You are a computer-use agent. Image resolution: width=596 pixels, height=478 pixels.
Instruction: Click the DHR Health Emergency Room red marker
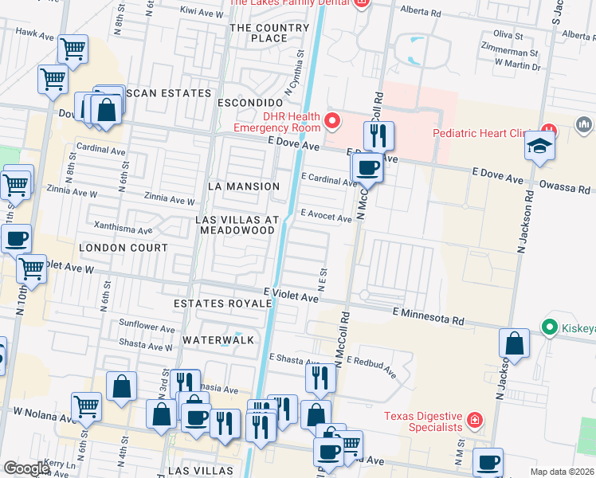click(332, 122)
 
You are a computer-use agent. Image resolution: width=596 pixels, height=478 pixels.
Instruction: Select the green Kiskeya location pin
click(548, 327)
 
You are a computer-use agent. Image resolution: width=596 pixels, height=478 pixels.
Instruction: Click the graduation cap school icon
click(540, 147)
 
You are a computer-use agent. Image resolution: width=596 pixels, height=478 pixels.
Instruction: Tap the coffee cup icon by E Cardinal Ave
click(367, 167)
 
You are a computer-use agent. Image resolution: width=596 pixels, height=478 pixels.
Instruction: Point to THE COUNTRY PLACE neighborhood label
click(269, 33)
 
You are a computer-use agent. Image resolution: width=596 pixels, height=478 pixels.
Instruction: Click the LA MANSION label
click(243, 186)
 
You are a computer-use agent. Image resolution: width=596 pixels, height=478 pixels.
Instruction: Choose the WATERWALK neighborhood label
click(218, 340)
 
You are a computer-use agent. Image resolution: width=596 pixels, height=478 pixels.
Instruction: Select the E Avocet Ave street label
click(326, 217)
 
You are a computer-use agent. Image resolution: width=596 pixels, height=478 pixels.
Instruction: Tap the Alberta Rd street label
click(422, 14)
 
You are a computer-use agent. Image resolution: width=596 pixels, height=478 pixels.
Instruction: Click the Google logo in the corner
click(27, 468)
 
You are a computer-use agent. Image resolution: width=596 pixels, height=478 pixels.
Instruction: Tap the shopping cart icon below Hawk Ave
click(73, 49)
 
